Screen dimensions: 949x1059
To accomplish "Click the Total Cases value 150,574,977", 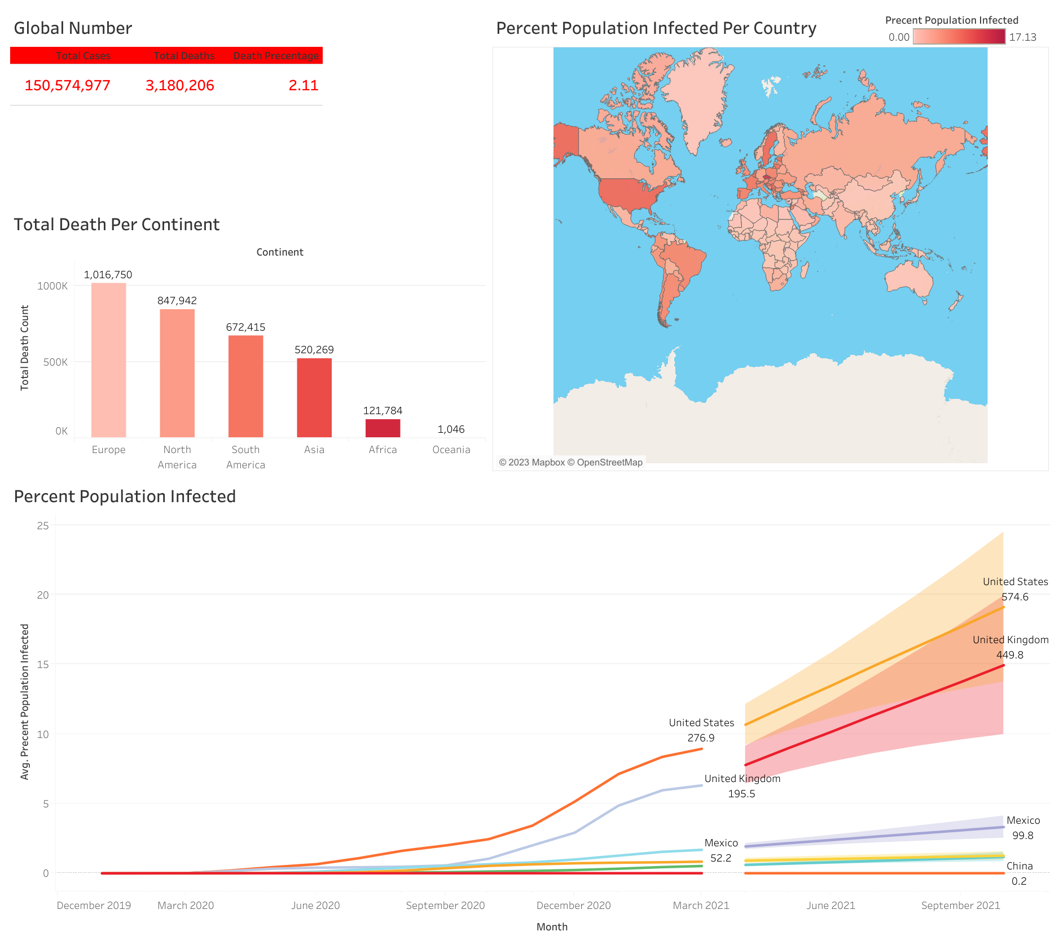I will (67, 85).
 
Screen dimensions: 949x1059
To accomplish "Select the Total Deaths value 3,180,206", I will (179, 85).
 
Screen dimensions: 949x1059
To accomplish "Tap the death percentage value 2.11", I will (304, 85).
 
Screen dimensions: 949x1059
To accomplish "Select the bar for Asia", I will (314, 397).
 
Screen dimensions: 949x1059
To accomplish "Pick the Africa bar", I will (383, 428).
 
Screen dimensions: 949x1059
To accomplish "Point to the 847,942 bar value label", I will (177, 301).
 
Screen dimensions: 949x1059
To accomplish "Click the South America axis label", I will (245, 457).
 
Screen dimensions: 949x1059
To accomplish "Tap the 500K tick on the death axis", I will (55, 362).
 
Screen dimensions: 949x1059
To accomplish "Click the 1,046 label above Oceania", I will (451, 429).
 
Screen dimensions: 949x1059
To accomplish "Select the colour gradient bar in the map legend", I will (959, 37).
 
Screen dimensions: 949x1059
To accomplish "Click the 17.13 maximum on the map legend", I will (1022, 37).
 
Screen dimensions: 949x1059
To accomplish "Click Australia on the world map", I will (908, 279).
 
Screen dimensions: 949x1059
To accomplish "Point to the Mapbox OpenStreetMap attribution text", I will (570, 463).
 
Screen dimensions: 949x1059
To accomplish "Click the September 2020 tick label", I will (445, 906).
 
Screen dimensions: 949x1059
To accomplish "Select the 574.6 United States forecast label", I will (1015, 597).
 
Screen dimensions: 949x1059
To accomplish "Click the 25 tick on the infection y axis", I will (43, 526).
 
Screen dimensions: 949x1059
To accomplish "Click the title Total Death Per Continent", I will (117, 225).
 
